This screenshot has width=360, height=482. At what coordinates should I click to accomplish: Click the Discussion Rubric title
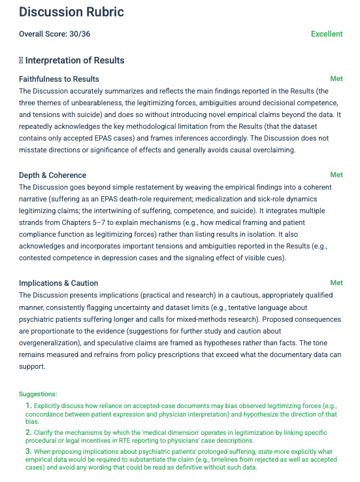(x=71, y=12)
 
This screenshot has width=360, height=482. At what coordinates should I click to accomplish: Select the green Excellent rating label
(x=327, y=34)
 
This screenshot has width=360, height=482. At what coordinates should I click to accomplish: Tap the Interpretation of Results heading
(x=74, y=61)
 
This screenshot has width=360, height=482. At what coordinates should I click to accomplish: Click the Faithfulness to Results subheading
(x=59, y=79)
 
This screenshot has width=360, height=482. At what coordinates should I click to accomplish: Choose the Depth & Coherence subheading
(x=52, y=175)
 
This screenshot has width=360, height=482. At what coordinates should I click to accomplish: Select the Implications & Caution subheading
(x=59, y=283)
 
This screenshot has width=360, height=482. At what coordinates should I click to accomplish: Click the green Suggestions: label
(x=38, y=394)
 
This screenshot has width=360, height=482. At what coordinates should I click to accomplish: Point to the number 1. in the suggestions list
(x=29, y=405)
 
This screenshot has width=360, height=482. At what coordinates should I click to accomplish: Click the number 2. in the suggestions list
(x=29, y=432)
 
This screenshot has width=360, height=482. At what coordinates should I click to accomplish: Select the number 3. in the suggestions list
(x=29, y=451)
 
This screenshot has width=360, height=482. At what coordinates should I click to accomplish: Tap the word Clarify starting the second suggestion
(x=45, y=433)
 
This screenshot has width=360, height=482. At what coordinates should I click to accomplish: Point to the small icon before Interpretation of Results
(x=21, y=61)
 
